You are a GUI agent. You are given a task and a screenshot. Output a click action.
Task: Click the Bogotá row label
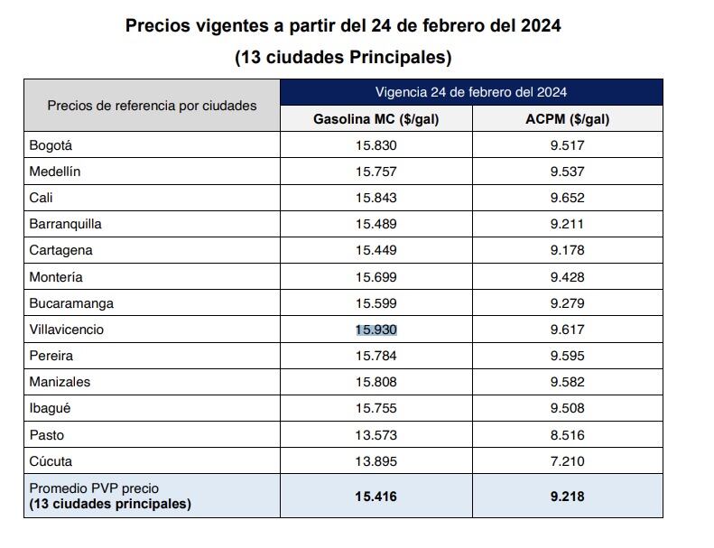(51, 145)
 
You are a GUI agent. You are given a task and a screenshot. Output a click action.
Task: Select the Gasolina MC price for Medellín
(376, 172)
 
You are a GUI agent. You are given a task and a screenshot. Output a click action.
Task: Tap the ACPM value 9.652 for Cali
(567, 198)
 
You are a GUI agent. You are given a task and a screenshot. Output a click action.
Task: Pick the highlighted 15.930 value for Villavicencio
(376, 330)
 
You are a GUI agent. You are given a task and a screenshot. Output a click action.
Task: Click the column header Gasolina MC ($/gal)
(376, 119)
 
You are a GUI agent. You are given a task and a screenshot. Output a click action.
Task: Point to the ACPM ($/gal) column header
(567, 119)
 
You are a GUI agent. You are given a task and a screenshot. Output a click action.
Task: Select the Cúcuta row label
(51, 461)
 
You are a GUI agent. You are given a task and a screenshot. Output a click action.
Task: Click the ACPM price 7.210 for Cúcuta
(567, 461)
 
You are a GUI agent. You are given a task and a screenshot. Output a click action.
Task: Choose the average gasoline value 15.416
(376, 497)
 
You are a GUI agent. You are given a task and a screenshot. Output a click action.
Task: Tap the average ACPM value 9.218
(567, 497)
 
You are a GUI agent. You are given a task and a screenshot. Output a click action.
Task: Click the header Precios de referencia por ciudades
(152, 106)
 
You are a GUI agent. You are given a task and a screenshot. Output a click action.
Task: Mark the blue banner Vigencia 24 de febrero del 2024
(471, 92)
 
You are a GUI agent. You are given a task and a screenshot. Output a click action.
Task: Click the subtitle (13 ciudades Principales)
(343, 58)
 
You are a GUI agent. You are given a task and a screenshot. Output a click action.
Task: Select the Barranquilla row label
(65, 224)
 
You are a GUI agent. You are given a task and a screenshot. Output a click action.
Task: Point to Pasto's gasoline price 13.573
(376, 435)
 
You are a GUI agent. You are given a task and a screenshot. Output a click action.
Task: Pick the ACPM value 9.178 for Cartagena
(567, 250)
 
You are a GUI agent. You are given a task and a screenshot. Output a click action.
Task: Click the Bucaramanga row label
(71, 303)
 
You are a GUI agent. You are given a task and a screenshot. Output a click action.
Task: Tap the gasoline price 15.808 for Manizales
(376, 382)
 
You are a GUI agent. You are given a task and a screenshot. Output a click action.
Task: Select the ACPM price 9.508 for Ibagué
(567, 408)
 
